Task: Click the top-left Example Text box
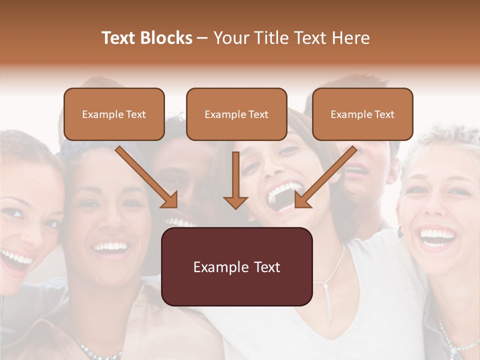114,114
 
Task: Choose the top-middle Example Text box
236,114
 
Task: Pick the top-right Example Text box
362,114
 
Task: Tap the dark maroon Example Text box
236,266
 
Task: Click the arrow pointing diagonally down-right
146,177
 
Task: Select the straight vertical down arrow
235,180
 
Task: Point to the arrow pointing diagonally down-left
326,177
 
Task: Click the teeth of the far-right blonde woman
436,234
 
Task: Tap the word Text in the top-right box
384,114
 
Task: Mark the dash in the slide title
202,38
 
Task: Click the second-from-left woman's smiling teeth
111,246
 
